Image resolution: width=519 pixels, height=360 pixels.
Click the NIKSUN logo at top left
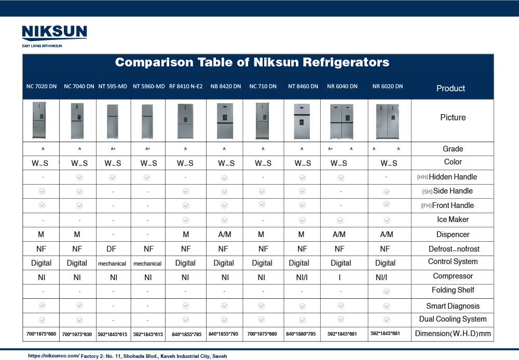54,34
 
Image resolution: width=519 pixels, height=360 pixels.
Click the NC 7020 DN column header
42,86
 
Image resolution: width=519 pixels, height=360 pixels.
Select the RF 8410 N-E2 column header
185,86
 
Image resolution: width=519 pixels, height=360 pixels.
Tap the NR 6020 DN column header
387,86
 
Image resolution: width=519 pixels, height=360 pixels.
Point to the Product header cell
450,88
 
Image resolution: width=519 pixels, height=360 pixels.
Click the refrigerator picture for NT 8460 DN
302,121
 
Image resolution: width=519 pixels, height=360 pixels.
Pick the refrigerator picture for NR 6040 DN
341,121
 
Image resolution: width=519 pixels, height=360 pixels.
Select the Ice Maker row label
453,219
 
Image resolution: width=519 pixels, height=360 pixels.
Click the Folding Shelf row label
453,290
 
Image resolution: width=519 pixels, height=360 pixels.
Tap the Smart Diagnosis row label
453,306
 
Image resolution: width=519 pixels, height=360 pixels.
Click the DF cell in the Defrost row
113,248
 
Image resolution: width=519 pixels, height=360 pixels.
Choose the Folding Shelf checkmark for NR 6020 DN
387,292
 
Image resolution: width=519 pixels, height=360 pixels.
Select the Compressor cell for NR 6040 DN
340,278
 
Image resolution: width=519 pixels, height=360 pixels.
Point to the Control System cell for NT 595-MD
112,264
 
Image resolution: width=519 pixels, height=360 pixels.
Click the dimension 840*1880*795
301,334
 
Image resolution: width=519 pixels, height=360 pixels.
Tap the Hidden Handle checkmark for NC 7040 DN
79,177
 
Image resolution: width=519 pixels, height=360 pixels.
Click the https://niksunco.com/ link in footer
53,356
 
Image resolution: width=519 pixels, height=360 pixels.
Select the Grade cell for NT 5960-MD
147,149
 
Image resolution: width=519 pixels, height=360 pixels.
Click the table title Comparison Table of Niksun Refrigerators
252,62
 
